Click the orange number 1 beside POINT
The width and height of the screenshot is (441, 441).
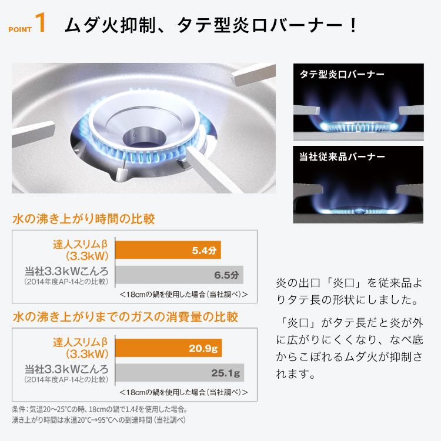click(40, 24)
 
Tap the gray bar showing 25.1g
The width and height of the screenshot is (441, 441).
click(179, 372)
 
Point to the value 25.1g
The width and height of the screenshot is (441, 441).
click(226, 372)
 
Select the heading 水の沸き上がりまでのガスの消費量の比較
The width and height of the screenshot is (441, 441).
click(125, 318)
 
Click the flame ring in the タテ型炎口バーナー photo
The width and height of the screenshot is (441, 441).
click(358, 125)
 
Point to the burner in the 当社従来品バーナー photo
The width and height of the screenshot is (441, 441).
click(358, 209)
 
